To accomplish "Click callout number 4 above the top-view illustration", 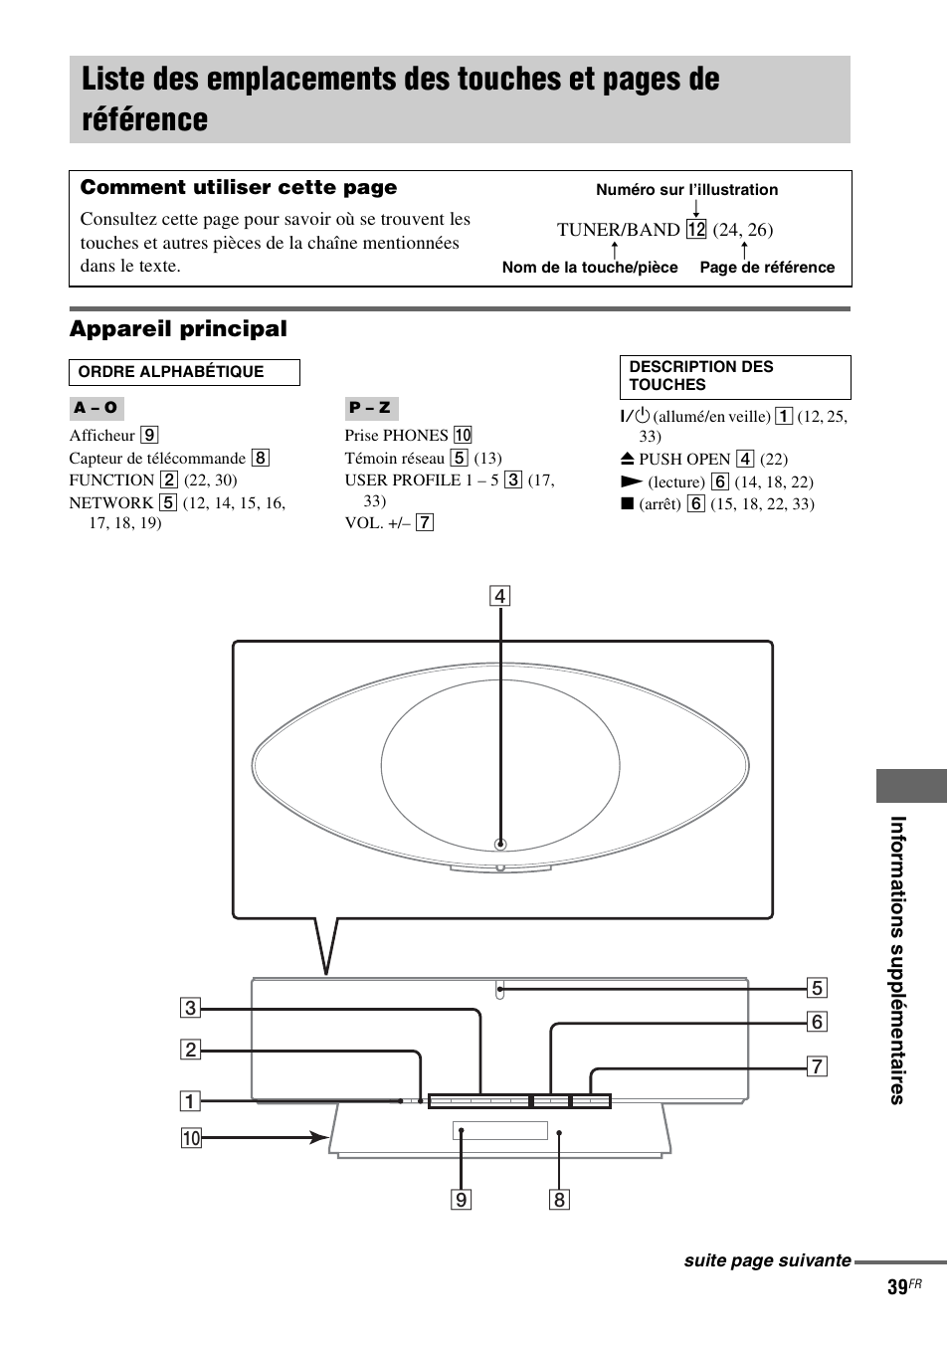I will pyautogui.click(x=499, y=597).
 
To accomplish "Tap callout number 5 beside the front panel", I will pyautogui.click(x=817, y=988).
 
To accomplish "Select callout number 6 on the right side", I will pyautogui.click(x=817, y=1022).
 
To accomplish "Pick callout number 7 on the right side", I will pyautogui.click(x=817, y=1066).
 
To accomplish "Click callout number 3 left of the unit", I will pyautogui.click(x=190, y=1008).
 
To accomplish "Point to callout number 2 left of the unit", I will pyautogui.click(x=190, y=1050).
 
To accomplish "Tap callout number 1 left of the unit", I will pyautogui.click(x=190, y=1101).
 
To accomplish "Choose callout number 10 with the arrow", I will pyautogui.click(x=190, y=1137).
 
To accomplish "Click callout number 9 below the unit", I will pyautogui.click(x=461, y=1200).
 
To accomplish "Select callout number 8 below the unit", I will pyautogui.click(x=559, y=1200).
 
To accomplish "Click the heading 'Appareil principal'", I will pyautogui.click(x=178, y=329).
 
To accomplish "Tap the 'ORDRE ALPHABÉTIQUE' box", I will pyautogui.click(x=184, y=373).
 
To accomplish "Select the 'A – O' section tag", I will pyautogui.click(x=95, y=408).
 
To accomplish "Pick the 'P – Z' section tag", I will pyautogui.click(x=370, y=408).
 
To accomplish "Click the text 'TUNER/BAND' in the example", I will pyautogui.click(x=618, y=230).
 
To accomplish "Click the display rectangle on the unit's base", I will pyautogui.click(x=500, y=1130).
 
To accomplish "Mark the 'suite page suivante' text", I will pyautogui.click(x=767, y=1260).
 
